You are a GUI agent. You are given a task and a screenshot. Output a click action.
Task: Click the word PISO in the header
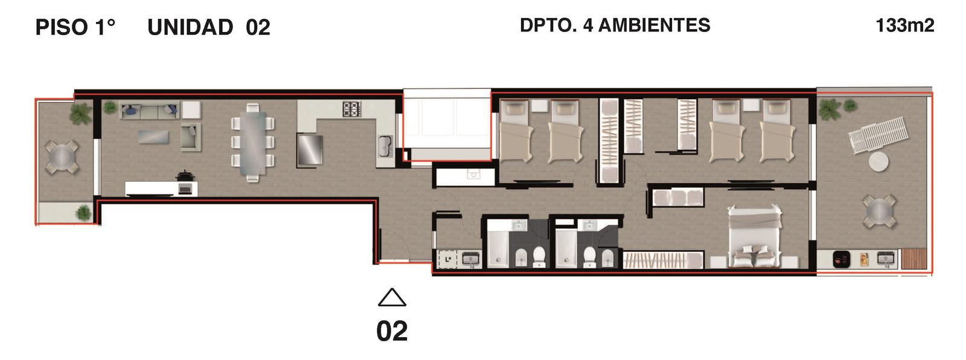(x=62, y=27)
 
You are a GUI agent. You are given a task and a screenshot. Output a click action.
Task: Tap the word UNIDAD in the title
(x=190, y=28)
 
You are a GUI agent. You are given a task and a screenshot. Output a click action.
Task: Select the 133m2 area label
(x=905, y=25)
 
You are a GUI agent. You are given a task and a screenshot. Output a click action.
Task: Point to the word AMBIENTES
(x=654, y=25)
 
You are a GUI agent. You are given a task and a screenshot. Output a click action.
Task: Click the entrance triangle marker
(x=392, y=297)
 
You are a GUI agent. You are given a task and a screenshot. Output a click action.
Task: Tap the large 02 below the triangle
(x=392, y=331)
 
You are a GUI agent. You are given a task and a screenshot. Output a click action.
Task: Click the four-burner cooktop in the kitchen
(x=352, y=109)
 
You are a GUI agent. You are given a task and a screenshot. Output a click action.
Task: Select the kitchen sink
(x=385, y=146)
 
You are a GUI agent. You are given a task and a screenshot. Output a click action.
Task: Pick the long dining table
(x=253, y=142)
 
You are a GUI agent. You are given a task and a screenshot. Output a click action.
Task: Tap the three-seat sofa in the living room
(x=149, y=111)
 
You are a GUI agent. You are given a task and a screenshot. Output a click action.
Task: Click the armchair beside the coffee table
(x=191, y=137)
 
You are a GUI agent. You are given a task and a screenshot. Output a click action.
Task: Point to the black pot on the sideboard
(x=185, y=176)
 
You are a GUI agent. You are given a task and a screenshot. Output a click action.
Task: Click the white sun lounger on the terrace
(x=878, y=134)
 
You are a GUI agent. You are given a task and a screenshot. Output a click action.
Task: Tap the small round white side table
(x=878, y=162)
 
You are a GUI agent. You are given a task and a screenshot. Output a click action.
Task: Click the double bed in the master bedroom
(x=755, y=237)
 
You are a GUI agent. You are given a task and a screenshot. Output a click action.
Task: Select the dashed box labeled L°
(x=447, y=259)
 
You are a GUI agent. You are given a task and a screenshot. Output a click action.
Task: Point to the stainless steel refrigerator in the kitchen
(x=310, y=149)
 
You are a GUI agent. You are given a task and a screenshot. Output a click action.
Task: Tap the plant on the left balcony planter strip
(x=83, y=213)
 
